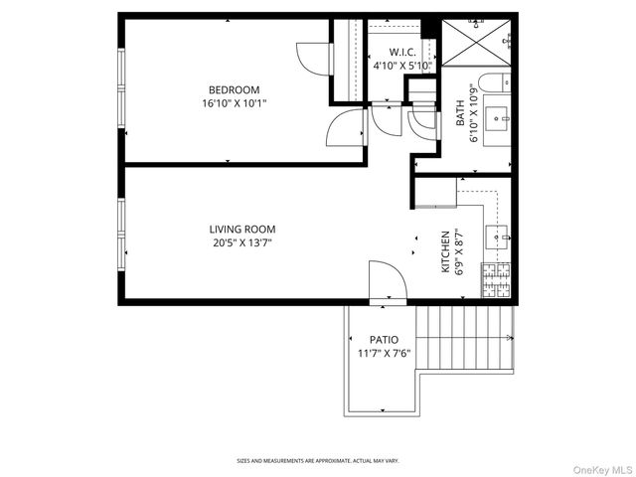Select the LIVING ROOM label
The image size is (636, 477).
(x=241, y=229)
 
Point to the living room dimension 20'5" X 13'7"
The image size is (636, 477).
(x=241, y=241)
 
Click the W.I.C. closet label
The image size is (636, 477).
(x=401, y=52)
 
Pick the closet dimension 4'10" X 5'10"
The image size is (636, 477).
(x=401, y=66)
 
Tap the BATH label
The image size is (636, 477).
(x=460, y=116)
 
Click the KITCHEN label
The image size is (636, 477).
(x=446, y=252)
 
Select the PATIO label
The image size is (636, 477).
(x=384, y=340)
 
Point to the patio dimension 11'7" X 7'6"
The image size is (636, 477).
(x=384, y=353)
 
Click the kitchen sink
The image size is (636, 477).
(x=499, y=237)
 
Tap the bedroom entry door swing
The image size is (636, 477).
(x=348, y=126)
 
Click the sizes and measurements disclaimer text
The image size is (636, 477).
(x=318, y=460)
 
